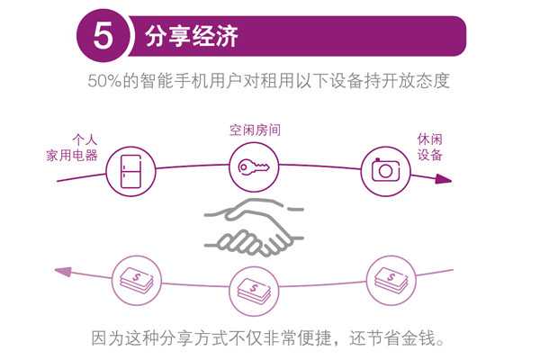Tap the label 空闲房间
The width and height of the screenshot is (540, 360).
[254, 130]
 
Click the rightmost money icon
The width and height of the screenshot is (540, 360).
[387, 274]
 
